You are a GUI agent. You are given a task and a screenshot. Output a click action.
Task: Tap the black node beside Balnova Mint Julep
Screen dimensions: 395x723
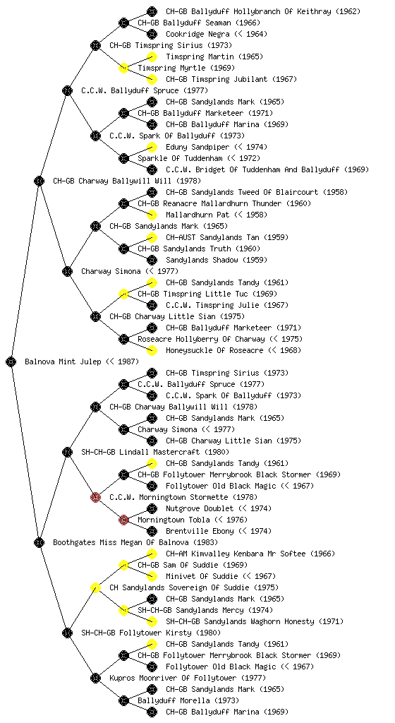point(11,361)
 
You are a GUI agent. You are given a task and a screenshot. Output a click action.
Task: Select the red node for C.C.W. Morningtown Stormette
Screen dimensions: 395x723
point(95,497)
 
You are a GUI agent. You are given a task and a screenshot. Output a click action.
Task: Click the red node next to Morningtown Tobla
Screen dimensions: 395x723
point(123,520)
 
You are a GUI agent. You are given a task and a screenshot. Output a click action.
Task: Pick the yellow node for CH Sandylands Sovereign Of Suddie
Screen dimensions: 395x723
point(95,587)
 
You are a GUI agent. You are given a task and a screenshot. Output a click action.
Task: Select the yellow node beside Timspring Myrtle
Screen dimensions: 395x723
point(123,68)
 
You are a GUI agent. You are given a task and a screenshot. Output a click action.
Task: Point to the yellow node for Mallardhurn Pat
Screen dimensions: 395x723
point(152,215)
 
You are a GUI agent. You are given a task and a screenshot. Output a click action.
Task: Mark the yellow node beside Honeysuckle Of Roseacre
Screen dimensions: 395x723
point(152,350)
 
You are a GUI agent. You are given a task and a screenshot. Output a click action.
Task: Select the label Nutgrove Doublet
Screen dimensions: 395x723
point(197,508)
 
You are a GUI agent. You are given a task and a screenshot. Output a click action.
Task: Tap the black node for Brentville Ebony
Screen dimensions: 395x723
point(152,531)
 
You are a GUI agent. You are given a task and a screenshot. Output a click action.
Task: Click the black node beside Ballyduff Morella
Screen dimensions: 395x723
point(123,700)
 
